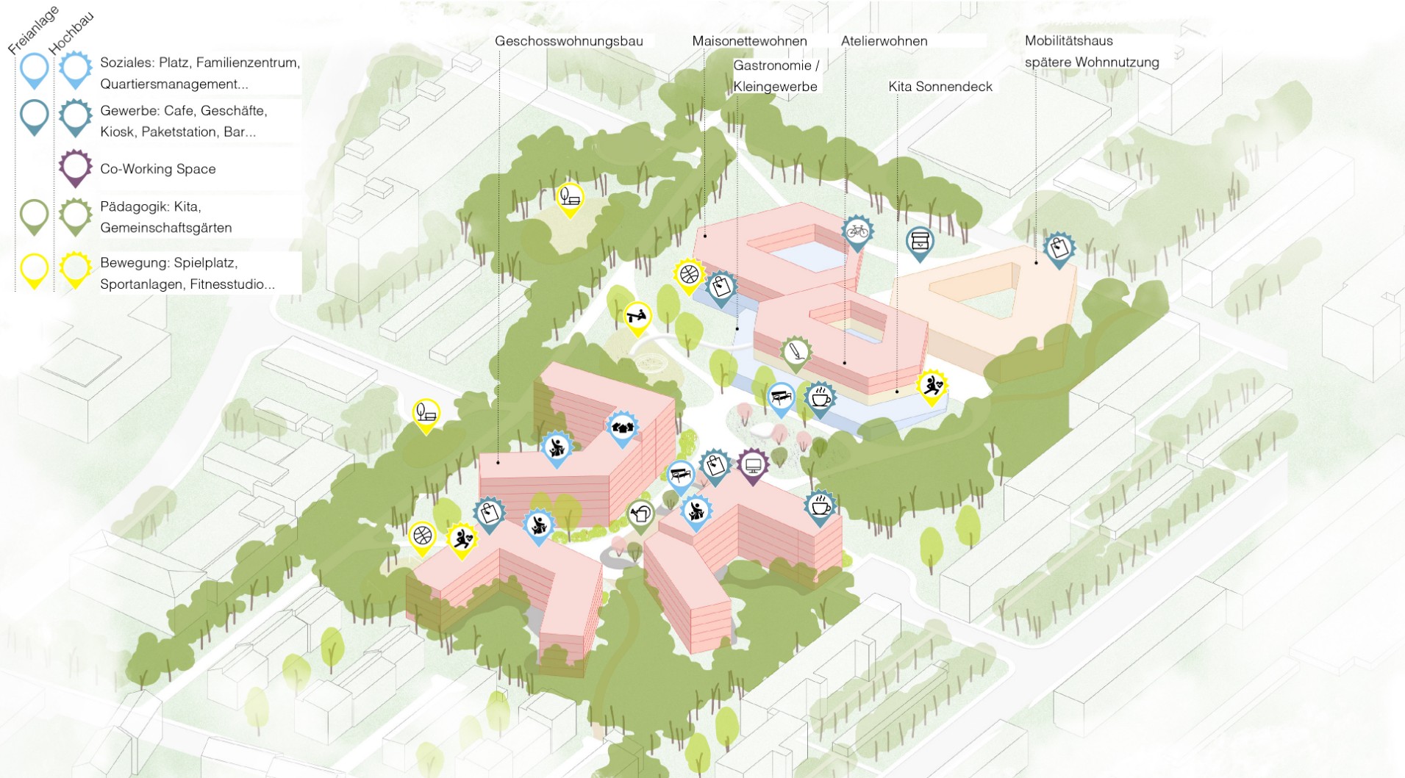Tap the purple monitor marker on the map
pyautogui.click(x=752, y=466)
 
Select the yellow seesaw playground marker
pyautogui.click(x=637, y=318)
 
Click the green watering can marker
pyautogui.click(x=640, y=514)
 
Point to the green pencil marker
pyautogui.click(x=795, y=353)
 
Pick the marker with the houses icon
pyautogui.click(x=622, y=428)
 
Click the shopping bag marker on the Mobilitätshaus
pyautogui.click(x=1059, y=248)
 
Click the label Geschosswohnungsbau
pyautogui.click(x=568, y=41)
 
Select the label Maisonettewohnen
pyautogui.click(x=749, y=41)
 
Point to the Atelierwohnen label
pyautogui.click(x=884, y=41)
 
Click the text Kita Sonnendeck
pyautogui.click(x=940, y=87)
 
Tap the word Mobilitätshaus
pyautogui.click(x=1068, y=41)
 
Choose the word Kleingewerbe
pyautogui.click(x=775, y=87)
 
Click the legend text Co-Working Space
pyautogui.click(x=158, y=169)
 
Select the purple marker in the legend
pyautogui.click(x=75, y=168)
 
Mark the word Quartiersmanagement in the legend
pyautogui.click(x=174, y=84)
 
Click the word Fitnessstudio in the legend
pyautogui.click(x=230, y=285)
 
